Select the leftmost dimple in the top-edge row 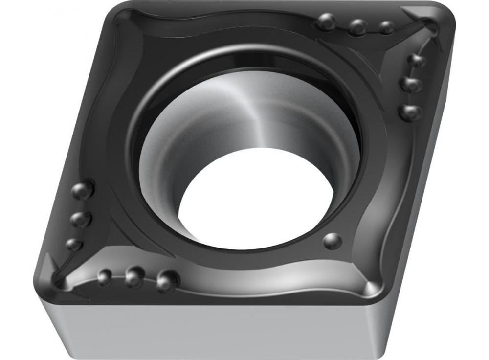[326, 22]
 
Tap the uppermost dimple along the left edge [83, 190]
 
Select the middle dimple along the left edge [80, 219]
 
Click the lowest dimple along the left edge [73, 244]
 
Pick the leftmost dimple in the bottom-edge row [105, 277]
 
